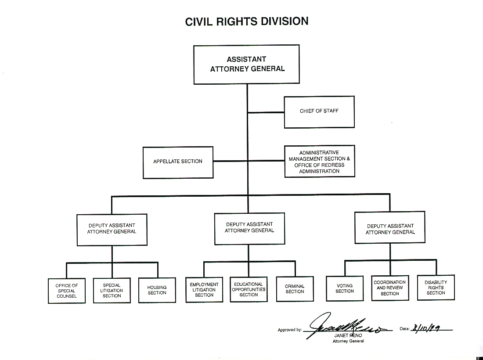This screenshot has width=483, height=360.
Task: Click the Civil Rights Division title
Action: point(247,21)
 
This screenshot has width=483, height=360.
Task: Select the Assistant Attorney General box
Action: point(247,64)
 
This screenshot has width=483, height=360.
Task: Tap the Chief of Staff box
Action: point(319,112)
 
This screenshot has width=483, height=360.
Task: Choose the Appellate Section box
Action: point(178,162)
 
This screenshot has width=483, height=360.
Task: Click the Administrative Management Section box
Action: point(319,162)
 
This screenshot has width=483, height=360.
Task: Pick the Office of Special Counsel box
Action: point(66,291)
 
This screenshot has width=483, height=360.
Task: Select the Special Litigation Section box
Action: point(112,291)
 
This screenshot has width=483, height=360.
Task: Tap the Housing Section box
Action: point(157,290)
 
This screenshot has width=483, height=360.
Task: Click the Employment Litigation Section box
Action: point(204,290)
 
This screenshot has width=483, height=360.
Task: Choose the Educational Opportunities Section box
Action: point(249,290)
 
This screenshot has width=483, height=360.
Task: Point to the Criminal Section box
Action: point(295,289)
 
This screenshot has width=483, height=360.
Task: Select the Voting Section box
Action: point(345,288)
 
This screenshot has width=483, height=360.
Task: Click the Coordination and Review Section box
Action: point(389,288)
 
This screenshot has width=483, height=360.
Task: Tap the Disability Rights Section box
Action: point(436,288)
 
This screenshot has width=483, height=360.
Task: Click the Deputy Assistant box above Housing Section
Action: point(112,229)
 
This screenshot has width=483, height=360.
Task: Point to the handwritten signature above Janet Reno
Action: point(342,325)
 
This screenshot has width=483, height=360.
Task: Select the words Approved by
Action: point(290,330)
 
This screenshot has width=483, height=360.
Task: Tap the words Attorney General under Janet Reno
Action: point(348,341)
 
